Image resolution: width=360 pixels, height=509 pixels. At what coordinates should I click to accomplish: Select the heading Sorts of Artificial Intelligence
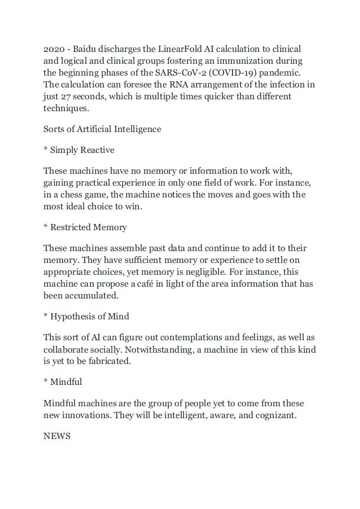click(102, 129)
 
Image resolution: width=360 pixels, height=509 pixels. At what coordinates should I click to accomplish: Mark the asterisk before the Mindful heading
click(46, 382)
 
